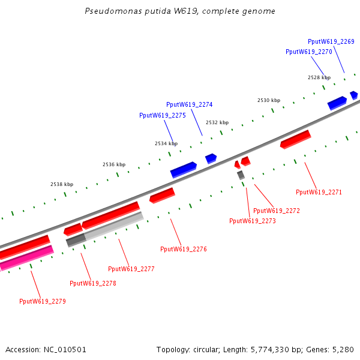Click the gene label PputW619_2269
coord(331,41)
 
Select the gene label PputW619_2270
coord(308,52)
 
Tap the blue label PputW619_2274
coord(189,104)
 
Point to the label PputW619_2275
coord(162,115)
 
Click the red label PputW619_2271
coord(319,192)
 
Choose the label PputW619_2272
coord(276,211)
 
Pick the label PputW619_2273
coord(253,221)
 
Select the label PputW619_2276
coord(183,249)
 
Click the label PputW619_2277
coord(131,269)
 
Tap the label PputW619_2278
coord(92,283)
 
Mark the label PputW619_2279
coord(42,301)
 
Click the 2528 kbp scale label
coord(319,77)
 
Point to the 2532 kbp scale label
coord(217,122)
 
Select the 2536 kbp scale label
coord(114,164)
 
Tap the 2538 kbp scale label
coord(61,184)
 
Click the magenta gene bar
coord(26,258)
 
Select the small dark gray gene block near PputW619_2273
coord(241,175)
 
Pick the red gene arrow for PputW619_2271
coord(295,139)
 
